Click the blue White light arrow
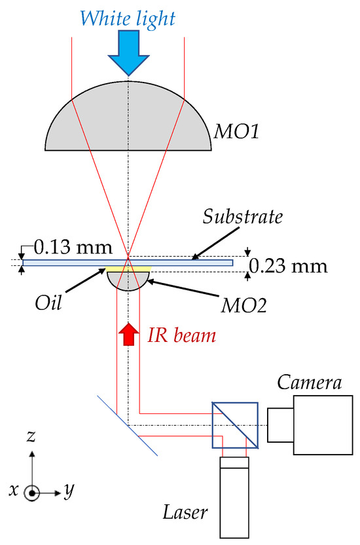coord(129,52)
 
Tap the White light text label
coord(128,18)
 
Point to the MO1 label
coord(236,132)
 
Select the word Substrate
coord(243,217)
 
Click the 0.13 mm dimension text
coord(73,248)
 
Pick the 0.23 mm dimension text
coord(289,266)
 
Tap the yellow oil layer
coord(128,269)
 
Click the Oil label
coord(48,303)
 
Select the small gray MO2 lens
coord(128,280)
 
